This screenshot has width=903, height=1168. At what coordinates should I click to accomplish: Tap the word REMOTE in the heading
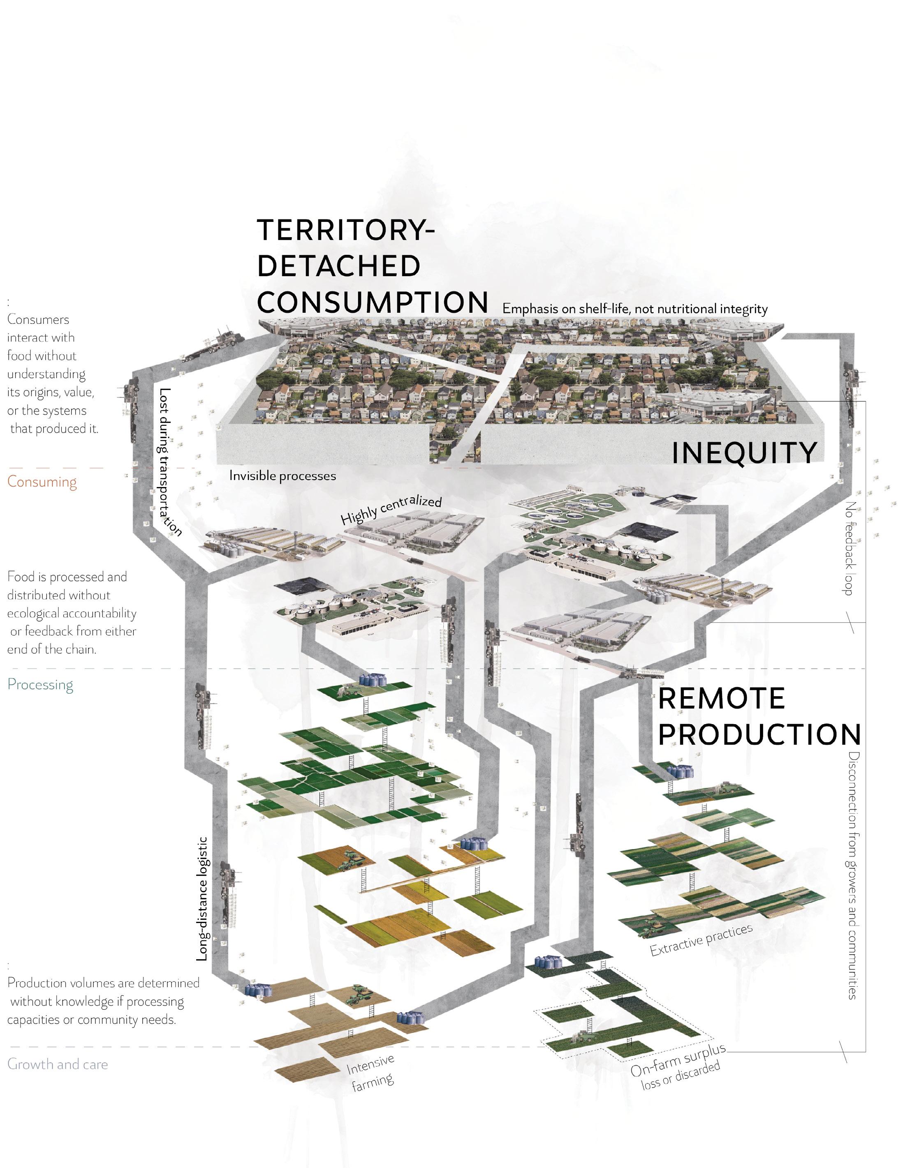pyautogui.click(x=721, y=698)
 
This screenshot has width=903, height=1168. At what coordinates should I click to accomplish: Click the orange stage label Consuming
pyautogui.click(x=42, y=482)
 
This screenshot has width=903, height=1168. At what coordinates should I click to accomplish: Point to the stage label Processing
pyautogui.click(x=40, y=685)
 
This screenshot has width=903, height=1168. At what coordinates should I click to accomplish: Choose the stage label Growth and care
pyautogui.click(x=57, y=1064)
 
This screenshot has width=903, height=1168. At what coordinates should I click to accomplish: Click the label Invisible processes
pyautogui.click(x=282, y=476)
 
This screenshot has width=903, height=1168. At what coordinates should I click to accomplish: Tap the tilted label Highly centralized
pyautogui.click(x=391, y=510)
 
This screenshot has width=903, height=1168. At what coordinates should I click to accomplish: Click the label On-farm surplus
pyautogui.click(x=678, y=1060)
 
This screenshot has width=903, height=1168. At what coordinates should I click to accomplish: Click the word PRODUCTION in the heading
pyautogui.click(x=759, y=734)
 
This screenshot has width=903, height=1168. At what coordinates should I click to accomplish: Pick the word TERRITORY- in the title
pyautogui.click(x=345, y=230)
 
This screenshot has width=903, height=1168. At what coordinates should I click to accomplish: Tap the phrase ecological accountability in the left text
pyautogui.click(x=72, y=614)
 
